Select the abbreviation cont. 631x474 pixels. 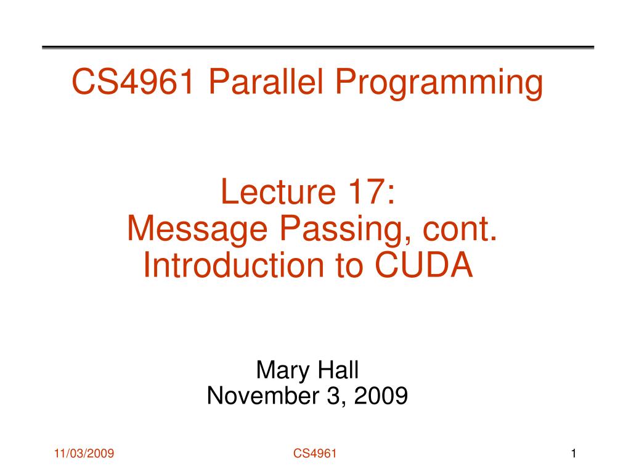coord(460,228)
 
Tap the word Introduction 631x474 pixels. coord(234,265)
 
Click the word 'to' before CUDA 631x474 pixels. coord(349,266)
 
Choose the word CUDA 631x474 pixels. coord(424,265)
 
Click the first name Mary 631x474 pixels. coord(283,371)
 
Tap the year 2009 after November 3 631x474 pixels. coord(381,396)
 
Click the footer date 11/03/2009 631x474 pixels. coord(84,454)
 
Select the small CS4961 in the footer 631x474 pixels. coord(315,454)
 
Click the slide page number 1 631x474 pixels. coord(574,454)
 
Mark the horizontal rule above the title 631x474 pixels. coord(318,48)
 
